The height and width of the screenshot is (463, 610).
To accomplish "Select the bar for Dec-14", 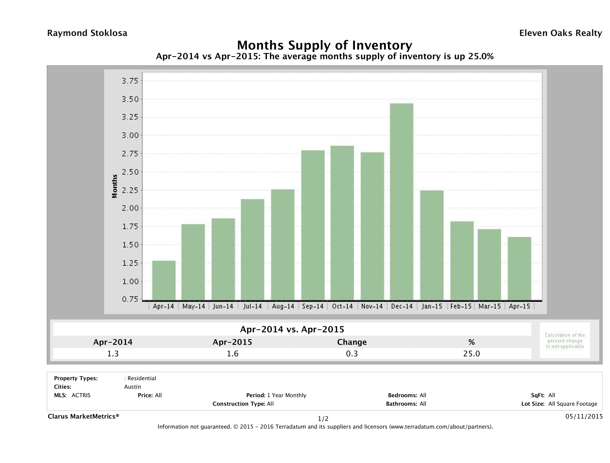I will tap(401, 202).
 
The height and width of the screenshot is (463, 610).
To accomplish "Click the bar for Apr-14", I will tap(164, 280).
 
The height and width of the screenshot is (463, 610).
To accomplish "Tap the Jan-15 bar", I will tap(432, 245).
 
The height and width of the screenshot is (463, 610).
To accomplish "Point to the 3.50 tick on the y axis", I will tap(130, 99).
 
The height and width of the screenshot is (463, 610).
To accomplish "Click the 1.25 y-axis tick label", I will tap(130, 263).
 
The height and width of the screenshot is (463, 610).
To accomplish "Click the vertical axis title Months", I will tap(114, 186).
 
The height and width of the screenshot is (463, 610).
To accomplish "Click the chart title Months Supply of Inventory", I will tap(325, 45).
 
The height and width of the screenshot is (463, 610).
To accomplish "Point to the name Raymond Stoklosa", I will tap(87, 33).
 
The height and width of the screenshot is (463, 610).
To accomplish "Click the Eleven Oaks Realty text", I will tap(560, 33).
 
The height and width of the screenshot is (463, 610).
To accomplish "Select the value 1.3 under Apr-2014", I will tap(113, 354).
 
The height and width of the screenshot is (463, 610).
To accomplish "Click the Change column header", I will tap(352, 342).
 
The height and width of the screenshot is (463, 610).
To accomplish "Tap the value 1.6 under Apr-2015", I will tap(233, 354).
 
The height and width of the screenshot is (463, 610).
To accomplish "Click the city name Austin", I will tap(132, 387).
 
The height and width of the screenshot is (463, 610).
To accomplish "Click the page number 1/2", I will tap(323, 419).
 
